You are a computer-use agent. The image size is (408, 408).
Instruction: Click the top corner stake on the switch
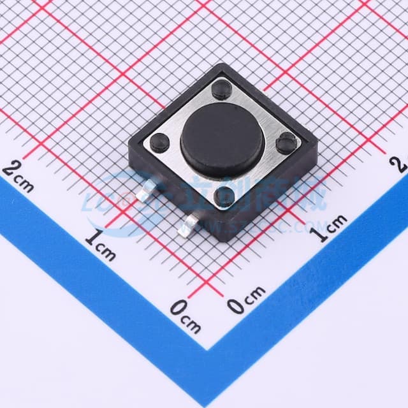pos(222,87)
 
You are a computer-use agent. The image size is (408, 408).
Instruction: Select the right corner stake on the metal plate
pos(286,143)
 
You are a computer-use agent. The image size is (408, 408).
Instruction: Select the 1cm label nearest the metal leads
pos(101,246)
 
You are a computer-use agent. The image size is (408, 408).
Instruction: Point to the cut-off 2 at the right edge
pos(401,164)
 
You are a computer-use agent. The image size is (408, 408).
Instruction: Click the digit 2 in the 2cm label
pos(11,169)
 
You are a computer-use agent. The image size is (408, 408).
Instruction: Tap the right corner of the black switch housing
pos(317,142)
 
